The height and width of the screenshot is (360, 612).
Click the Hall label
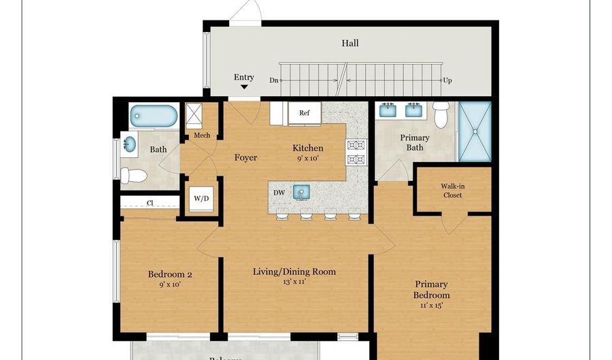(x=350, y=44)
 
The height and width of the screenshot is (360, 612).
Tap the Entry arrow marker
(x=244, y=86)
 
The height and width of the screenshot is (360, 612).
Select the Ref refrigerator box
(x=304, y=113)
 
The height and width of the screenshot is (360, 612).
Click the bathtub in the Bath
(x=153, y=116)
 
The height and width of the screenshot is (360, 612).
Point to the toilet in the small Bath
(x=134, y=176)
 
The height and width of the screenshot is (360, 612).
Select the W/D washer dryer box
(x=201, y=199)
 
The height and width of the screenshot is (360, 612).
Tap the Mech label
(x=202, y=135)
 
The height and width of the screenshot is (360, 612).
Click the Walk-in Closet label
(x=452, y=191)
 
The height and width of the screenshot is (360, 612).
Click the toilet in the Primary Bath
(x=441, y=115)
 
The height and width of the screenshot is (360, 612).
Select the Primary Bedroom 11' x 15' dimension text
(x=432, y=306)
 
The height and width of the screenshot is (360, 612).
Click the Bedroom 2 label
(x=170, y=275)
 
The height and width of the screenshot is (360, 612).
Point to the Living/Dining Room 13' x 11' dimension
(x=294, y=282)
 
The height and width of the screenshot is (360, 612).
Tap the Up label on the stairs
(x=447, y=80)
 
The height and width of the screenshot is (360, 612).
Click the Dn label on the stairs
(x=273, y=80)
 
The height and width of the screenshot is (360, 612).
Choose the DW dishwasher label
(x=279, y=193)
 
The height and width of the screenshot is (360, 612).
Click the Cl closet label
(x=149, y=202)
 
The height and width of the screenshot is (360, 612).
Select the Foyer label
(x=245, y=158)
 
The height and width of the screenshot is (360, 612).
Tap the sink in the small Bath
(x=129, y=145)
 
